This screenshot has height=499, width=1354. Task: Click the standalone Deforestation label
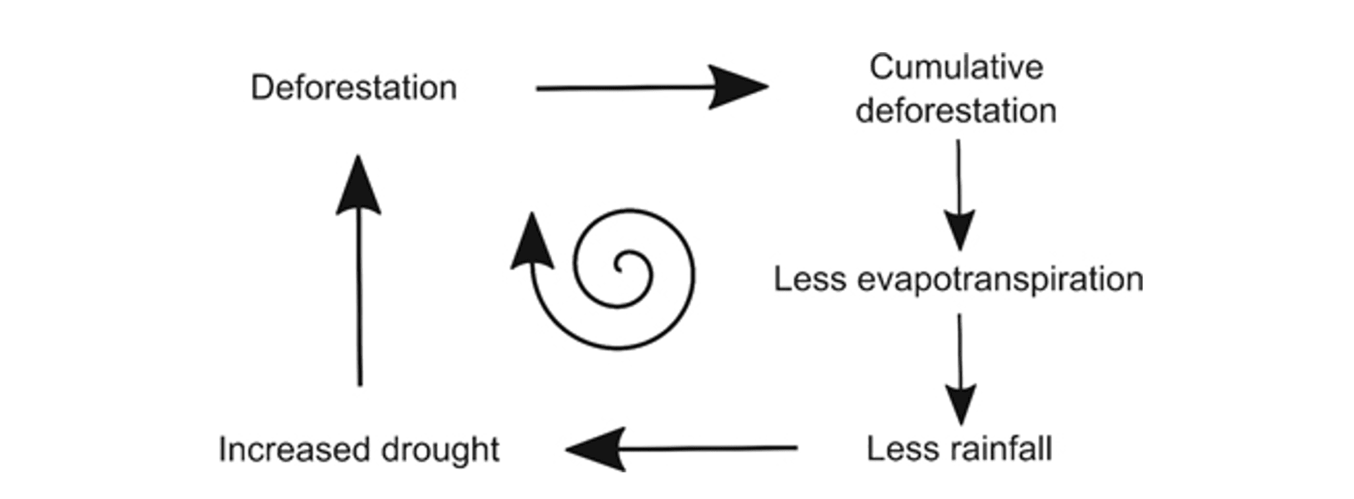click(x=354, y=88)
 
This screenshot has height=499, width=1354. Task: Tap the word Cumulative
click(x=956, y=68)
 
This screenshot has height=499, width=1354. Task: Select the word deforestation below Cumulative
click(x=956, y=111)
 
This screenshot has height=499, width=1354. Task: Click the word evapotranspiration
click(x=1000, y=280)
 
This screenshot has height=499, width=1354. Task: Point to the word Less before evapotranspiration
click(x=810, y=279)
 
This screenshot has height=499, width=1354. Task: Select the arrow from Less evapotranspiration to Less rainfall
click(x=959, y=368)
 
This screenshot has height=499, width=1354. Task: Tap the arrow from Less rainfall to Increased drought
click(x=681, y=449)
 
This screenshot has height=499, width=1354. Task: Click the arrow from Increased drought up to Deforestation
click(x=359, y=271)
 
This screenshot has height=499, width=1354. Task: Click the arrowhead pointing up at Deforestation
click(x=358, y=187)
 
